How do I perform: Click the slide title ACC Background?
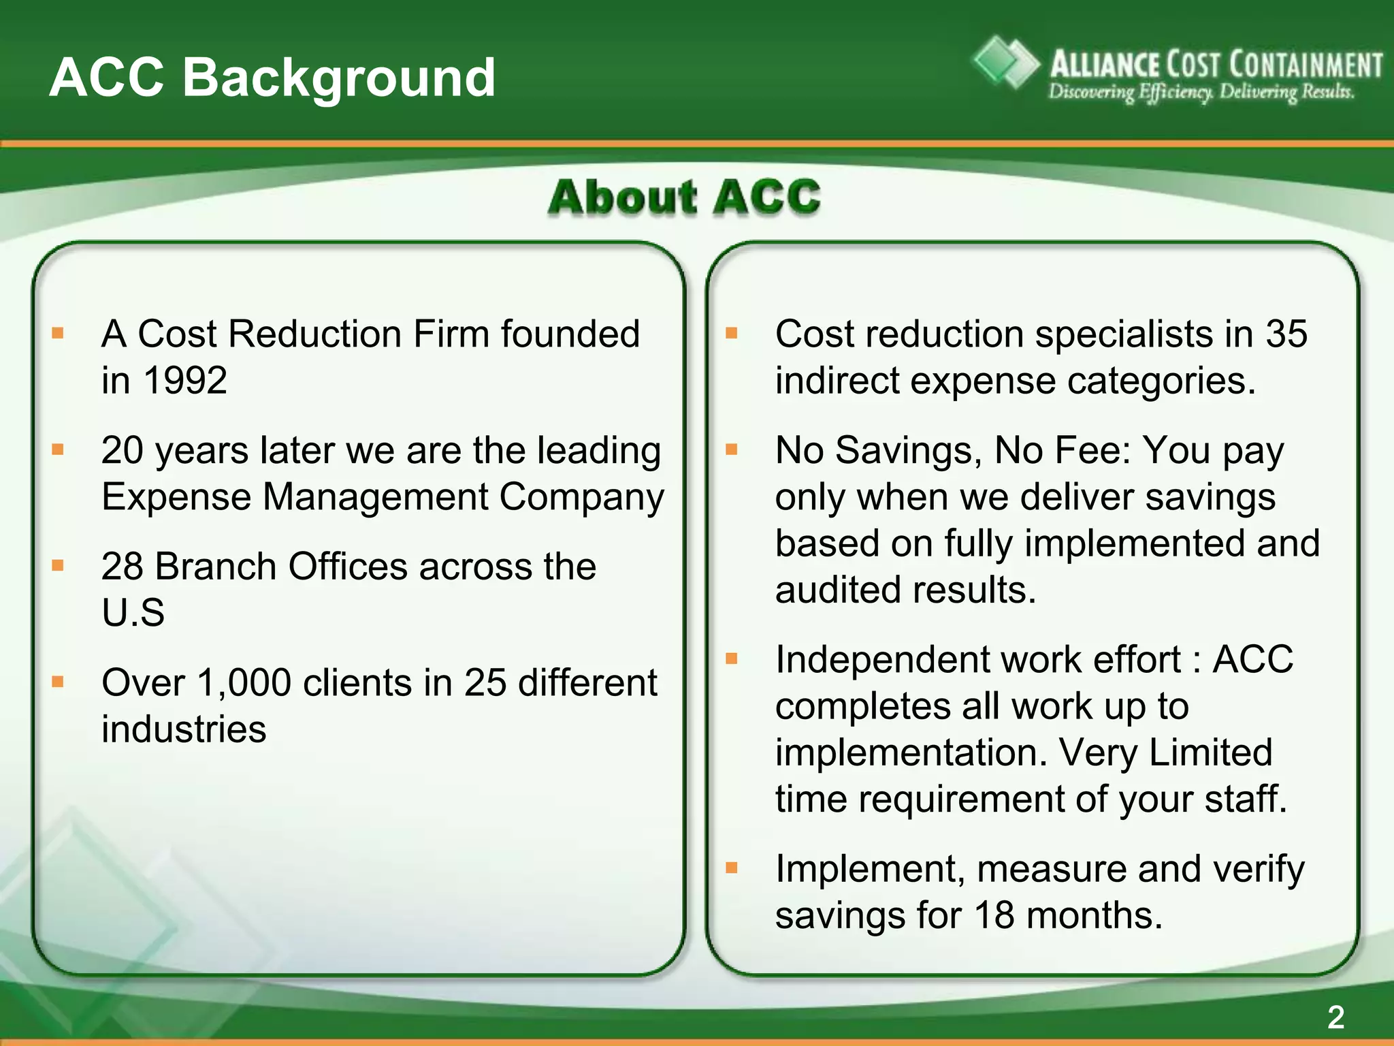(x=272, y=77)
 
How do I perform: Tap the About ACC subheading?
(x=684, y=197)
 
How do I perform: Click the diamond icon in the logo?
(x=1005, y=63)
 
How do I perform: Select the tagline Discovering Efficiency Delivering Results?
(x=1201, y=92)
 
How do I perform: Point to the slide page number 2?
(x=1335, y=1017)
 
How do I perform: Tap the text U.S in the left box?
(x=133, y=612)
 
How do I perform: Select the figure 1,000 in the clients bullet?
(x=244, y=682)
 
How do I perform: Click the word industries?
(x=184, y=729)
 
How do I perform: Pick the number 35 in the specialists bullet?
(x=1286, y=334)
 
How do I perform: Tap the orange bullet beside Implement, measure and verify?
(x=732, y=868)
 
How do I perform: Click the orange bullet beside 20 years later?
(x=58, y=449)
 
